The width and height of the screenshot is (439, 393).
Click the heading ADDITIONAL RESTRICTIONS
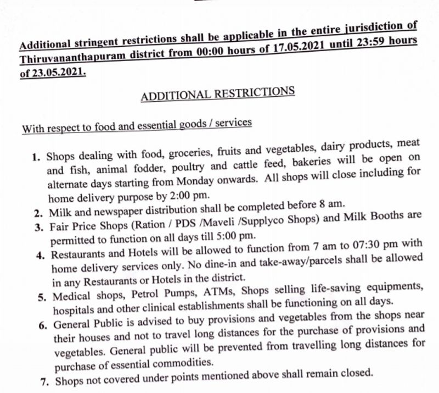click(218, 93)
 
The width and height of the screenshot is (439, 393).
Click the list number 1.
click(36, 157)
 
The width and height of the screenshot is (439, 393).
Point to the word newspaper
click(128, 212)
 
